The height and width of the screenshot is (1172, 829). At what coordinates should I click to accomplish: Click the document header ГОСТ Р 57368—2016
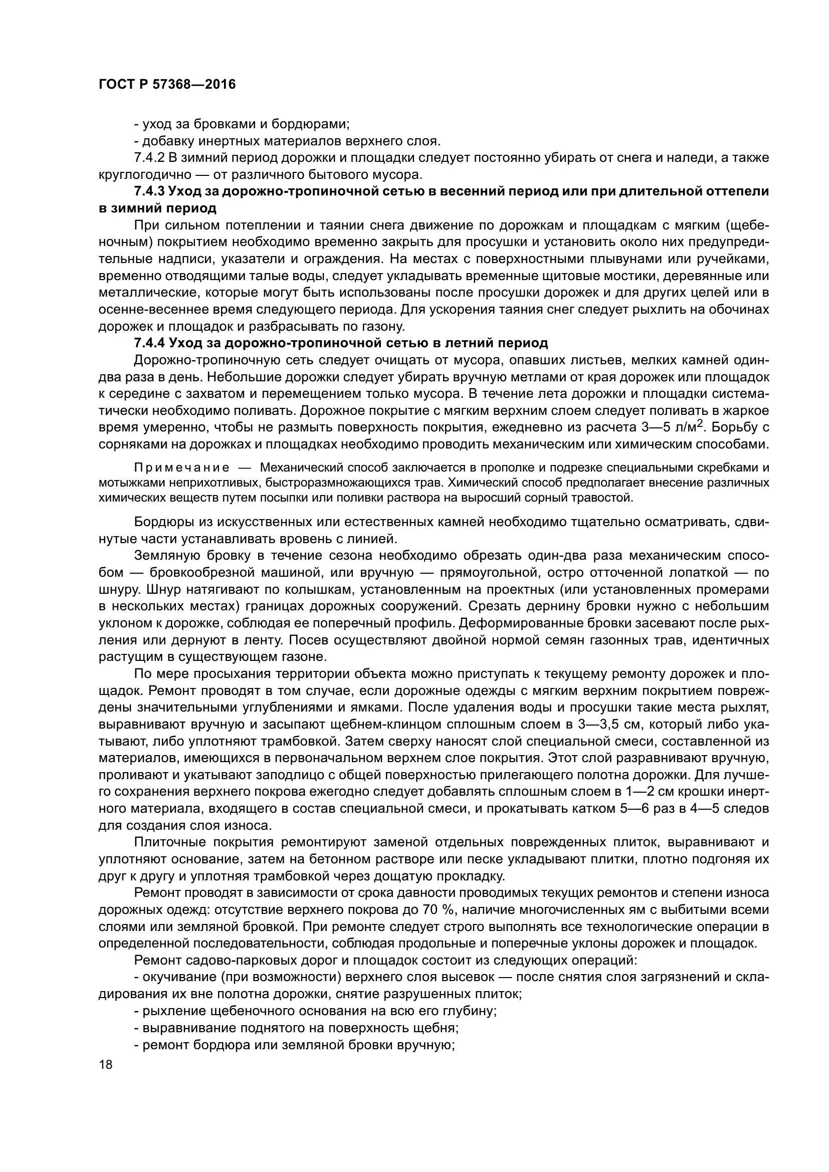pyautogui.click(x=167, y=85)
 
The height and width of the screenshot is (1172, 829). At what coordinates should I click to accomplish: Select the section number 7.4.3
pyautogui.click(x=149, y=191)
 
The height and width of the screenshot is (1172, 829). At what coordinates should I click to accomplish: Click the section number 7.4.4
pyautogui.click(x=149, y=343)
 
